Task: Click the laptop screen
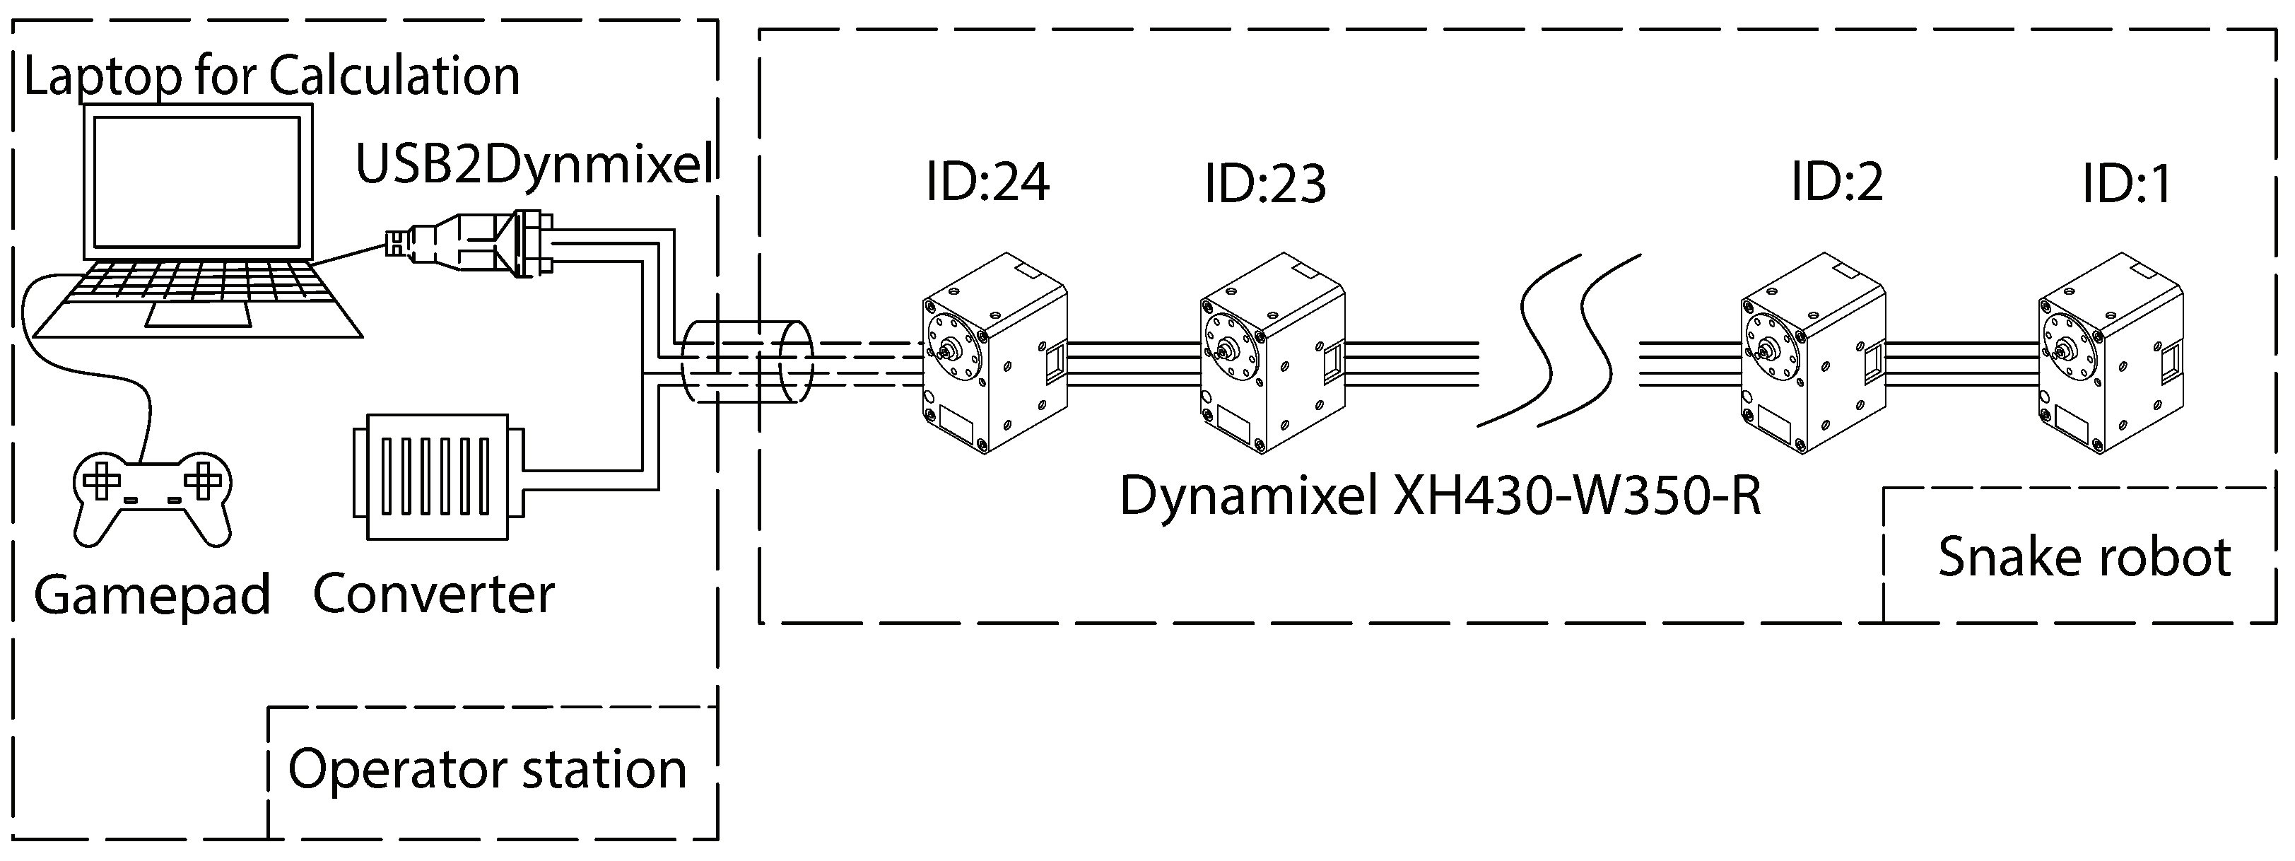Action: [197, 182]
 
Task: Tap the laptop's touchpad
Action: [197, 314]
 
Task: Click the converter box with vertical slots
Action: [438, 477]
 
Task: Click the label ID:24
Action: [987, 182]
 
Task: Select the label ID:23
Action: [1265, 184]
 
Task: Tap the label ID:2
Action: [1837, 182]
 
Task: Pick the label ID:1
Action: [2127, 184]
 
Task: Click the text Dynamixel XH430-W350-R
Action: [1440, 496]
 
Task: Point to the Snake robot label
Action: [2084, 557]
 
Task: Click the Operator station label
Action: [487, 769]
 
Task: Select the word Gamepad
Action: [151, 594]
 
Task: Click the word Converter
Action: [434, 594]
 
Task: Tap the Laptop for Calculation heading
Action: [271, 76]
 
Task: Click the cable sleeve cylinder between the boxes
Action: [746, 363]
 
